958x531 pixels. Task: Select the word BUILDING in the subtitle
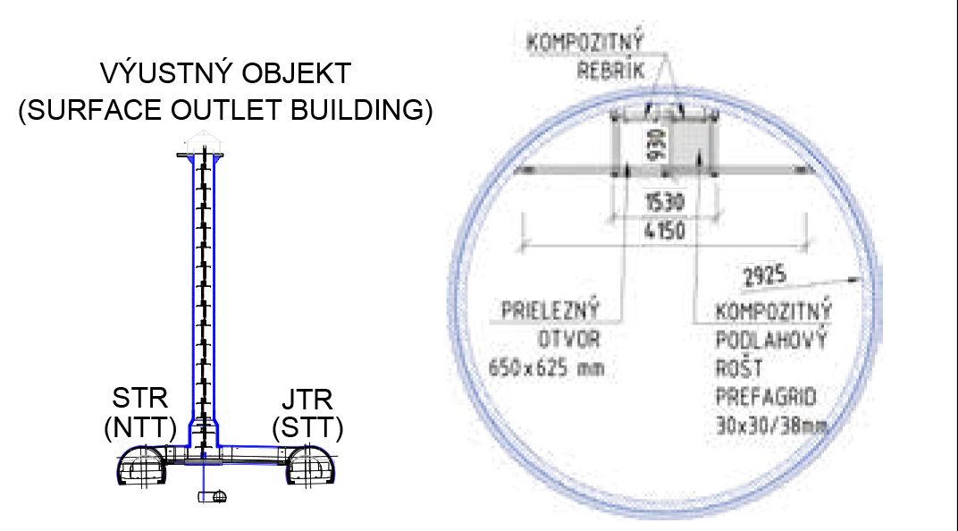click(x=361, y=110)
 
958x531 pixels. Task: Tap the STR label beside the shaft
click(x=140, y=399)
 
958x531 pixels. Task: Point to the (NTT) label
click(x=140, y=427)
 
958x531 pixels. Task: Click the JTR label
click(x=307, y=400)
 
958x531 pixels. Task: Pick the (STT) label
click(x=308, y=427)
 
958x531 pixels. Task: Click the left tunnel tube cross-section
click(x=142, y=467)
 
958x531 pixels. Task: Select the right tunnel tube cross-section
click(x=310, y=467)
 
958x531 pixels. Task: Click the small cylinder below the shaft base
click(x=213, y=497)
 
